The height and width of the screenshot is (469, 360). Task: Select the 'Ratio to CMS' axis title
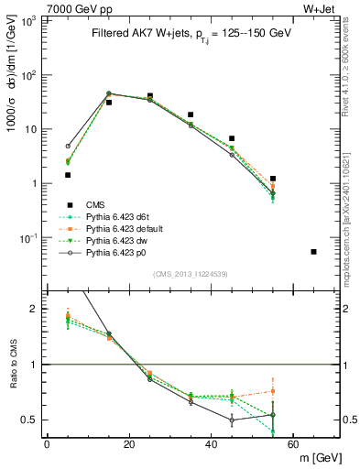point(12,365)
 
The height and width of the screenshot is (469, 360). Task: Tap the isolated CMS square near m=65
point(314,252)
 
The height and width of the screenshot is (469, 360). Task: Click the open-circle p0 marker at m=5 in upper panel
point(68,146)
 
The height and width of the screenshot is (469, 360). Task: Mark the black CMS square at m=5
point(68,174)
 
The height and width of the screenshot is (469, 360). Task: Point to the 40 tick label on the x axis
point(211,444)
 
